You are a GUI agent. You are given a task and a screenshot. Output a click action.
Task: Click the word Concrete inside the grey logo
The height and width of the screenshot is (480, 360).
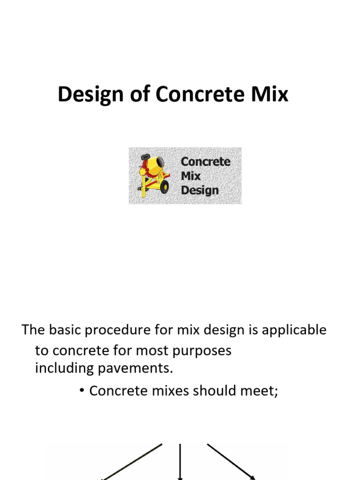coord(205,162)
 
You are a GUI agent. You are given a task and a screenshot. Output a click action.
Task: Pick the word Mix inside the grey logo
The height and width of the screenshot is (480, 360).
coord(191,176)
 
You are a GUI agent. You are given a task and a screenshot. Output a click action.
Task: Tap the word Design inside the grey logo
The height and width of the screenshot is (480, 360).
coord(200,190)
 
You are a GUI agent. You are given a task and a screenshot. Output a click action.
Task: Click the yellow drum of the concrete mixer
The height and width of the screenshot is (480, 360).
coord(154,166)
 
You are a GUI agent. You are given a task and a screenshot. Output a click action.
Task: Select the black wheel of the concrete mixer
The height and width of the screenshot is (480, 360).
coord(164,187)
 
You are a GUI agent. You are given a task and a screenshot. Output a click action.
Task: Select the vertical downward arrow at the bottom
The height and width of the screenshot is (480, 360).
coord(180,462)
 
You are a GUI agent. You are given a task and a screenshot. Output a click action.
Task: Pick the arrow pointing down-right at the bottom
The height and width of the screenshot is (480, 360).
coord(231,462)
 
